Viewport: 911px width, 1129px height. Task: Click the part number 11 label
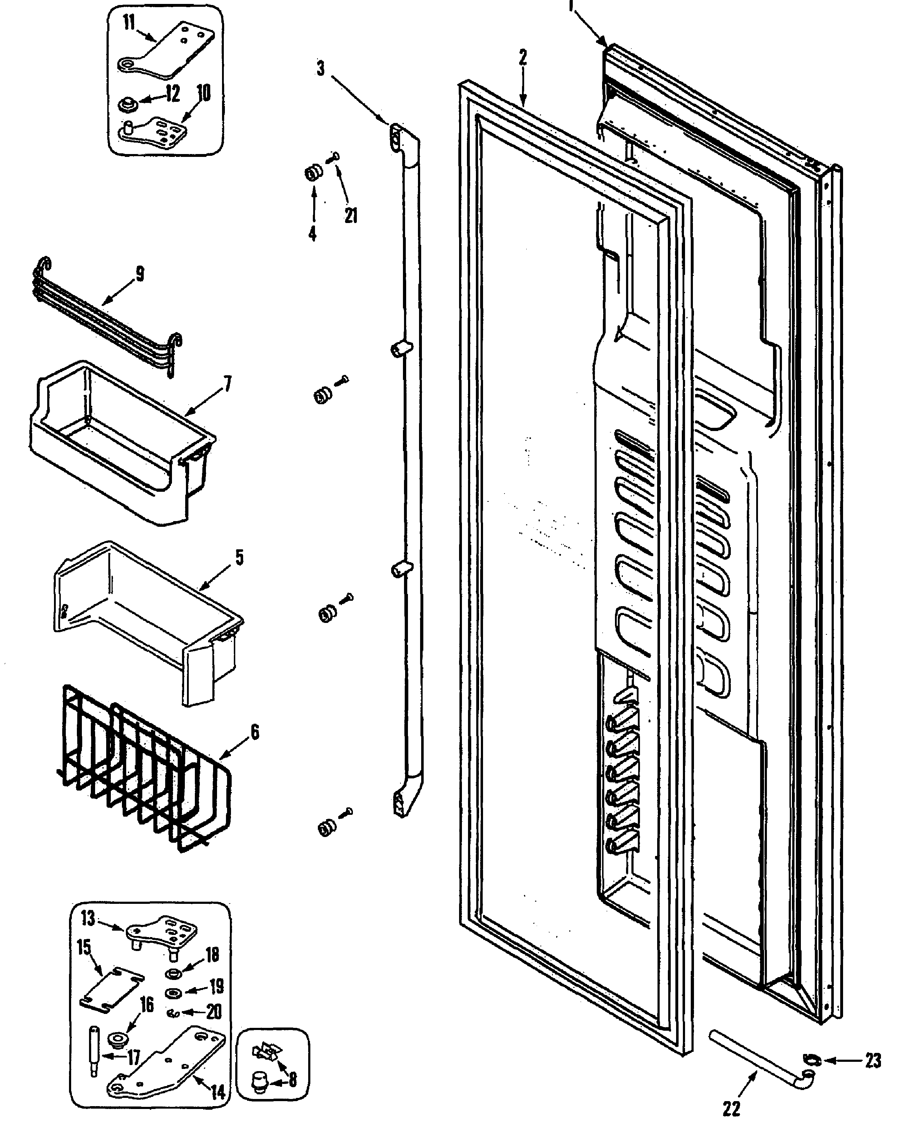pyautogui.click(x=129, y=23)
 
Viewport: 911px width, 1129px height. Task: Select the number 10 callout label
pyautogui.click(x=203, y=93)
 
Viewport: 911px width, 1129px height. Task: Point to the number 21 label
pyautogui.click(x=350, y=215)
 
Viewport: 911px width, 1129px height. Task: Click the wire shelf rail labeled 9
pyautogui.click(x=105, y=315)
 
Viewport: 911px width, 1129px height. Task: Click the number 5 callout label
pyautogui.click(x=239, y=558)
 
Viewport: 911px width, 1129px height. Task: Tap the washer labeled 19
pyautogui.click(x=173, y=992)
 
